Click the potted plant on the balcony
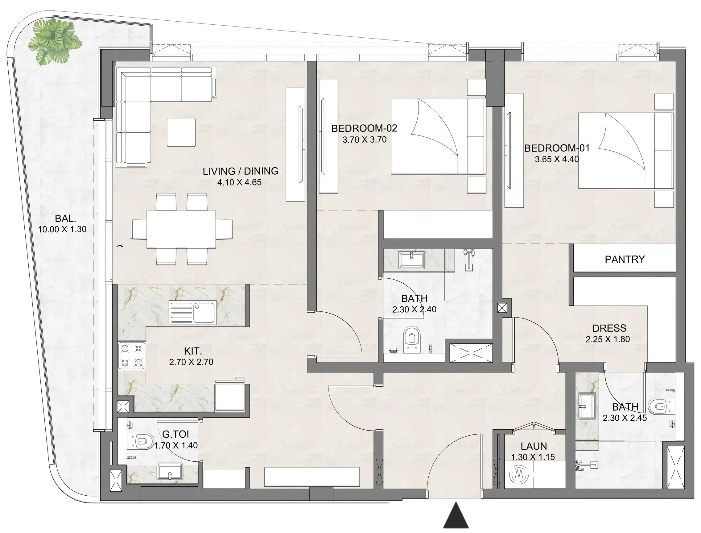pos(55,41)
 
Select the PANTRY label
pos(624,259)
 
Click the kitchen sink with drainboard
pos(193,313)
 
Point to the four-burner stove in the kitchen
pos(132,355)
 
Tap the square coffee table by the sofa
pos(181,132)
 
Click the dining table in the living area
pos(181,229)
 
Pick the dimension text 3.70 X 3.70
pos(364,139)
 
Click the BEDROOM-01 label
pos(556,148)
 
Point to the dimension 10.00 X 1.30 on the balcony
pos(62,229)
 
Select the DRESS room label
pos(609,328)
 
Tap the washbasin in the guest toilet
pos(170,472)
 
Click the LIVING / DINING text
pos(240,171)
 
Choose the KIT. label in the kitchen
pos(193,351)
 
